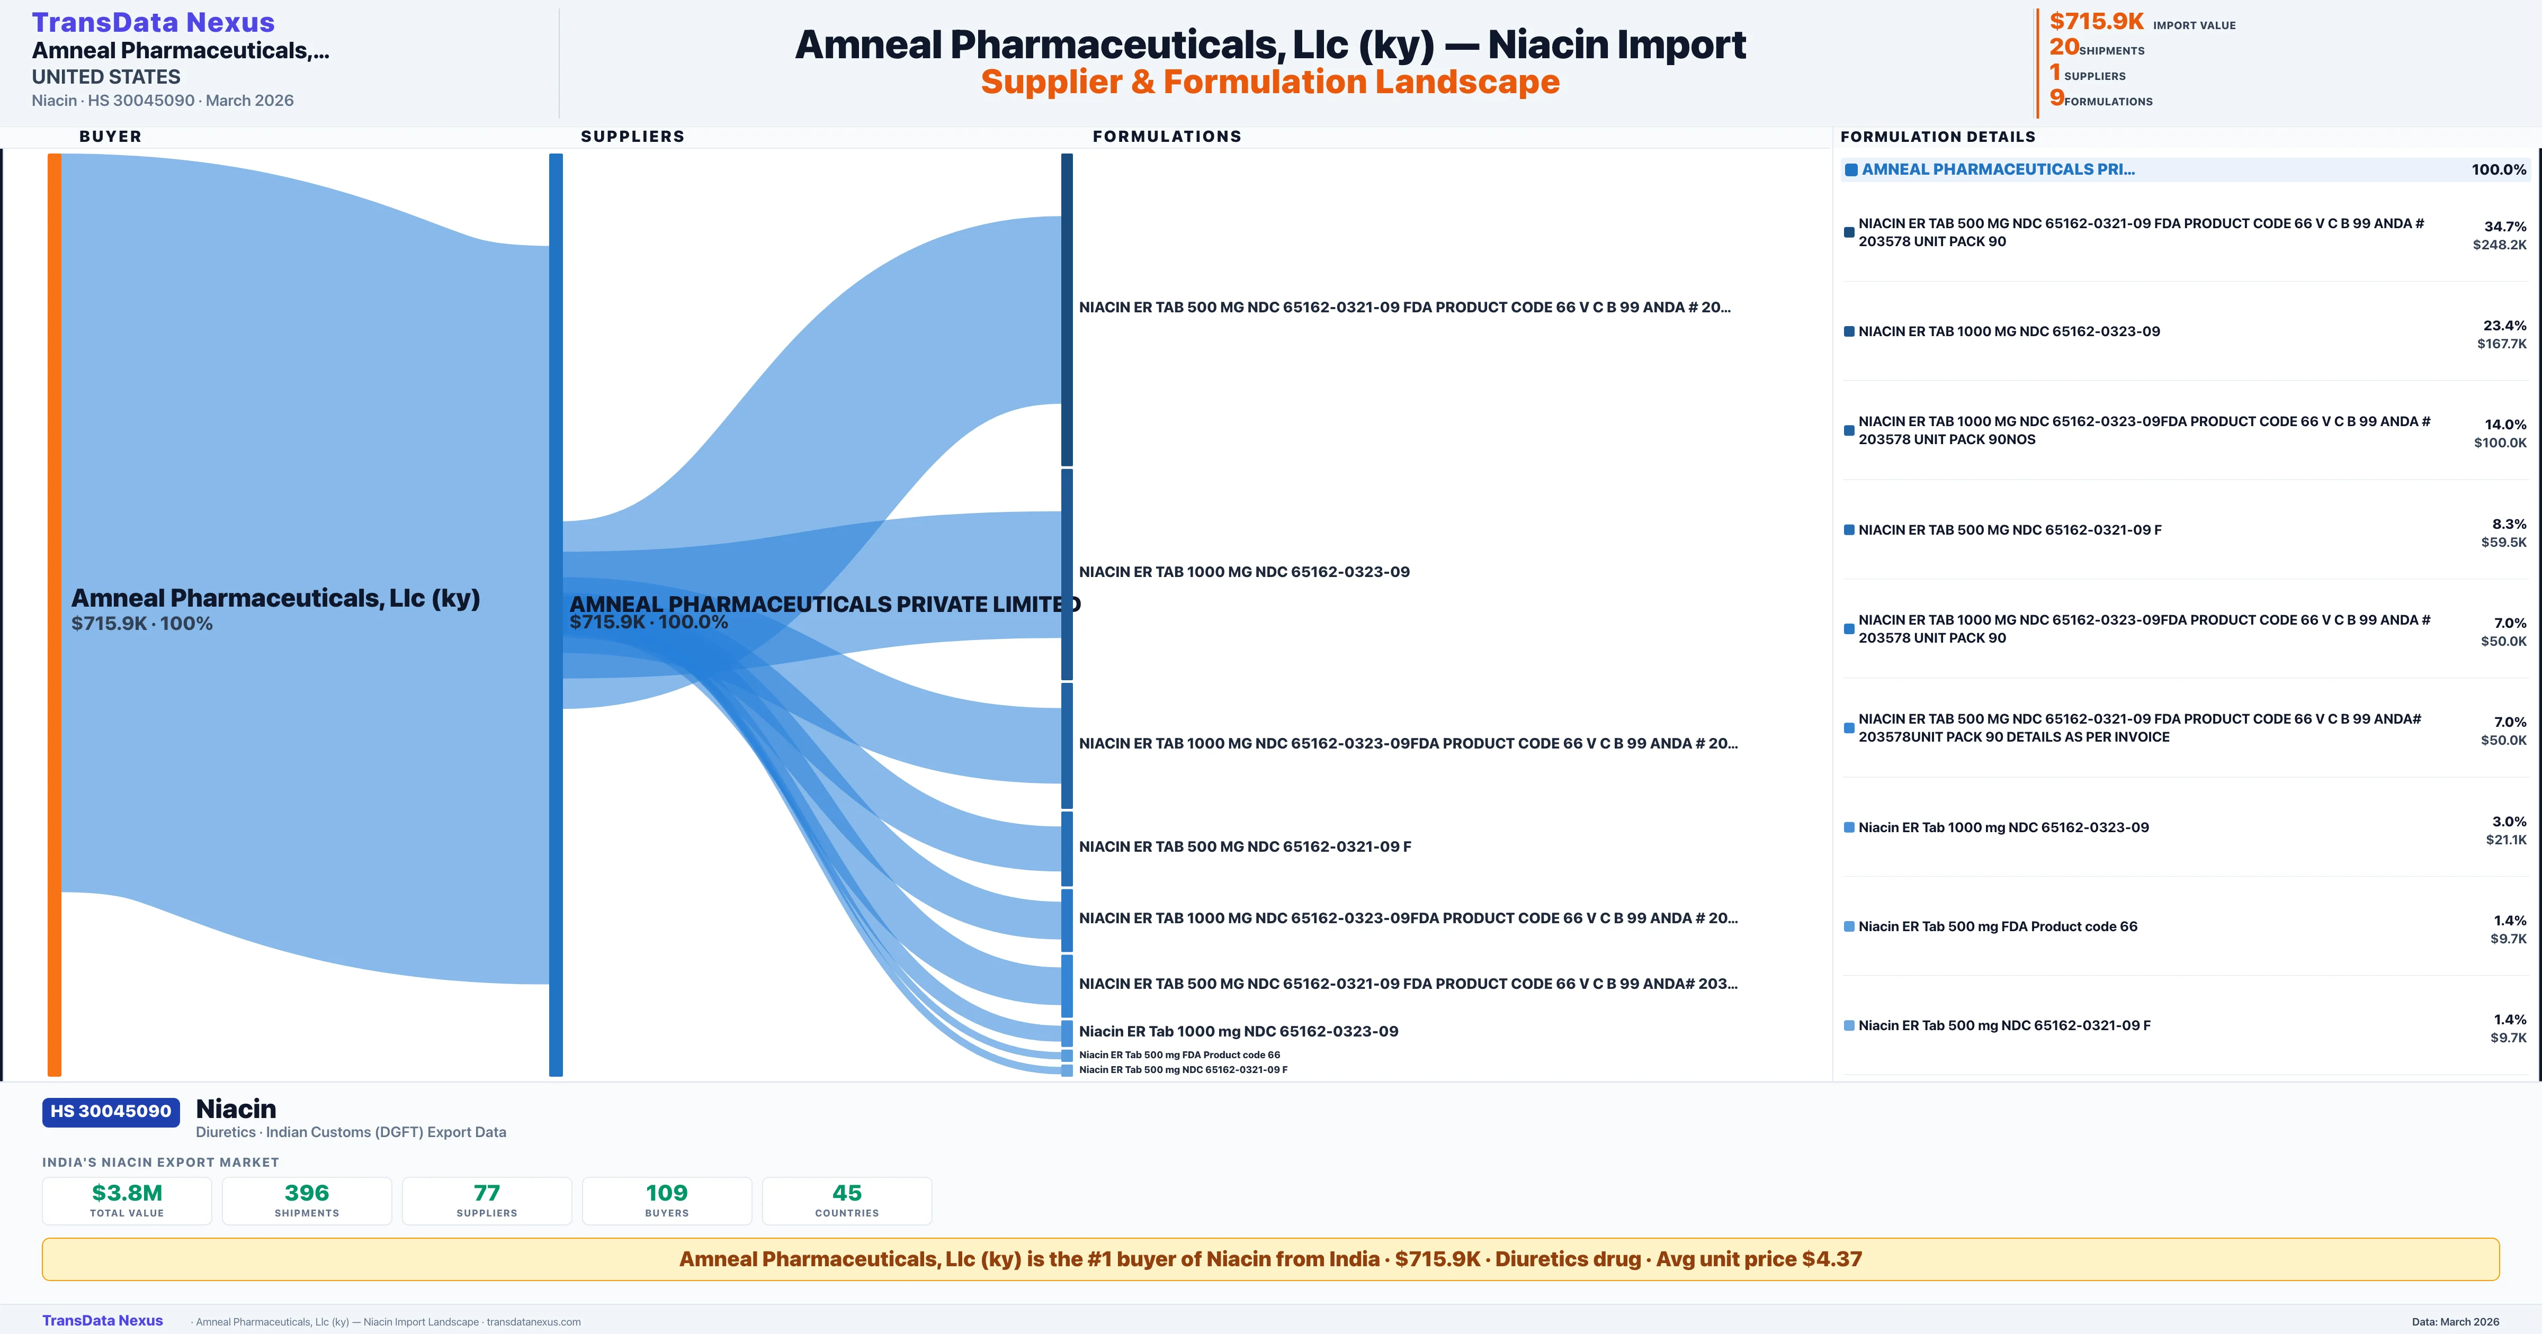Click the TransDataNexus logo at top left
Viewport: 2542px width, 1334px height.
click(153, 22)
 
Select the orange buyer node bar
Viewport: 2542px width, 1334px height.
click(54, 614)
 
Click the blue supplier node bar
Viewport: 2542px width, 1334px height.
click(556, 614)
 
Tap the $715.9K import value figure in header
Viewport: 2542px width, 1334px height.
click(2096, 21)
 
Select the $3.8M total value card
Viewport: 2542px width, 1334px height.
click(127, 1201)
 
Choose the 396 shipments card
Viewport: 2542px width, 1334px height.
click(307, 1201)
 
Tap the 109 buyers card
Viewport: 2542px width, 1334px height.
click(667, 1201)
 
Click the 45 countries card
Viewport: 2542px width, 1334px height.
click(847, 1201)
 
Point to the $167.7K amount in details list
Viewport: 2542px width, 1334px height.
click(2502, 344)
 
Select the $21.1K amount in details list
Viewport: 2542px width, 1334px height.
click(2507, 840)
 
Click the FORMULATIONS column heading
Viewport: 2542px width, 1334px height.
click(1166, 136)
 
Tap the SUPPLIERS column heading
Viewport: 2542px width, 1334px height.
click(632, 136)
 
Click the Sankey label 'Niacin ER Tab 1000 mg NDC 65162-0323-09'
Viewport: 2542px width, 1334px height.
click(1239, 1031)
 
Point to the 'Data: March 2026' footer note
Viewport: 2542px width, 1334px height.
click(2455, 1321)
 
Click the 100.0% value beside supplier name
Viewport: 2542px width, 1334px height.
click(2499, 170)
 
